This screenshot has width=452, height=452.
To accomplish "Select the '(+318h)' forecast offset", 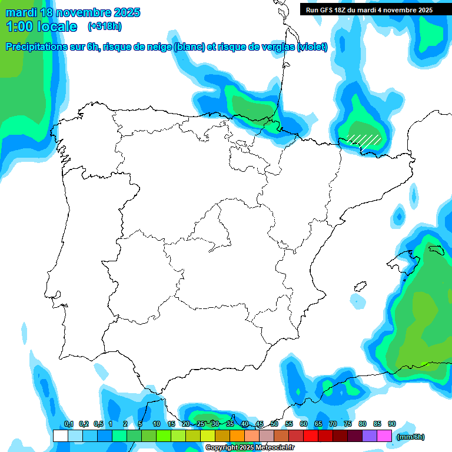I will pyautogui.click(x=105, y=26).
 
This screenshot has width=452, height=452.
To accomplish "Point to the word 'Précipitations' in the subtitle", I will pyautogui.click(x=35, y=47).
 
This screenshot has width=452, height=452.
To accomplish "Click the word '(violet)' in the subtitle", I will pyautogui.click(x=313, y=47).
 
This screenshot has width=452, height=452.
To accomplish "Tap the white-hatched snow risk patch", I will pyautogui.click(x=364, y=139).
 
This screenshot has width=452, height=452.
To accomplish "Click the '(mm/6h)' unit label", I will pyautogui.click(x=411, y=437).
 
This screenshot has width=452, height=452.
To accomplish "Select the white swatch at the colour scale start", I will pyautogui.click(x=60, y=436).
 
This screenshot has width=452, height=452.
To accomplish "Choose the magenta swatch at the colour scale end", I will pyautogui.click(x=384, y=436).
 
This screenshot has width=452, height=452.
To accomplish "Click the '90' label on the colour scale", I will pyautogui.click(x=392, y=424).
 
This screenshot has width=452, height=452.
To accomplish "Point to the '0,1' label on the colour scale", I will pyautogui.click(x=69, y=424).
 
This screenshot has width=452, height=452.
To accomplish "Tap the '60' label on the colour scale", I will pyautogui.click(x=304, y=424).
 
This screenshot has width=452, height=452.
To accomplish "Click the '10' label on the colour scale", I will pyautogui.click(x=157, y=424).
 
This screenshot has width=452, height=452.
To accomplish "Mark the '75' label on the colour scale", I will pyautogui.click(x=348, y=424).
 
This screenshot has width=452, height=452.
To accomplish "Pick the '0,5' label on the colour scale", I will pyautogui.click(x=98, y=424).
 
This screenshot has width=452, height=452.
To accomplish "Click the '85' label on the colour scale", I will pyautogui.click(x=377, y=424).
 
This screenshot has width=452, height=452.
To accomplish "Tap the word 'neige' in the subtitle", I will pyautogui.click(x=158, y=47).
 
